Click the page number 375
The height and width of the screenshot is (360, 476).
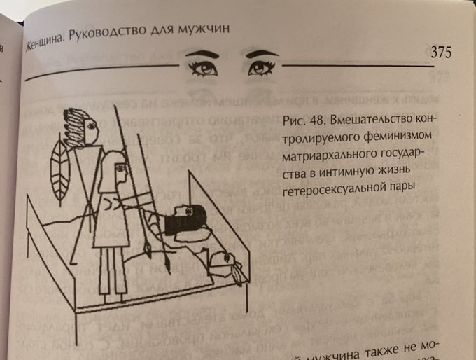[x=440, y=53]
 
